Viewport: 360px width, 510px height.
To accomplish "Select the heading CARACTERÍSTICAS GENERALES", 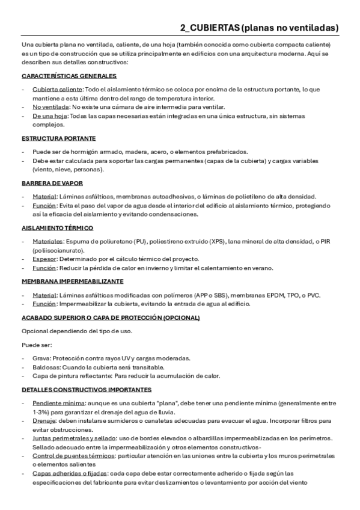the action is [x=69, y=76].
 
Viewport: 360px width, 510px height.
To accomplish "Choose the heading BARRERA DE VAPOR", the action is [x=52, y=182].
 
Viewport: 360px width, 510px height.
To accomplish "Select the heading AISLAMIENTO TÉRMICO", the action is [x=58, y=228].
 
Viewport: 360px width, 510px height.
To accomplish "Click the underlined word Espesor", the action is [x=45, y=259].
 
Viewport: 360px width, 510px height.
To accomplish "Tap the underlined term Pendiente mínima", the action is [x=58, y=403].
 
